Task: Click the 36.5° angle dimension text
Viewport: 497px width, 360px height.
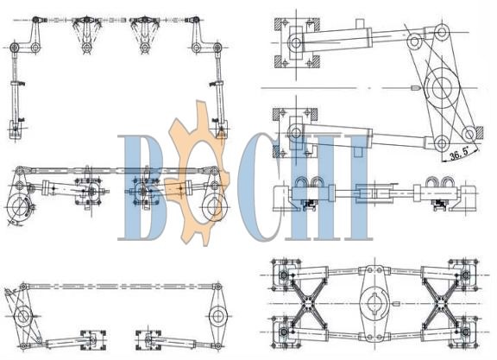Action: point(459,155)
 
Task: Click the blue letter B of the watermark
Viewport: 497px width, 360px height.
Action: point(142,187)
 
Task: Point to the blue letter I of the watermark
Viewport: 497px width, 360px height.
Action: point(357,187)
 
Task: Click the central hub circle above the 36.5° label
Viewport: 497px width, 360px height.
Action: point(442,87)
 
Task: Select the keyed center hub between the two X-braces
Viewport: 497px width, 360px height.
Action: point(374,304)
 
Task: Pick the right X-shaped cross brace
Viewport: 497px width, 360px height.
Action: point(440,304)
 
